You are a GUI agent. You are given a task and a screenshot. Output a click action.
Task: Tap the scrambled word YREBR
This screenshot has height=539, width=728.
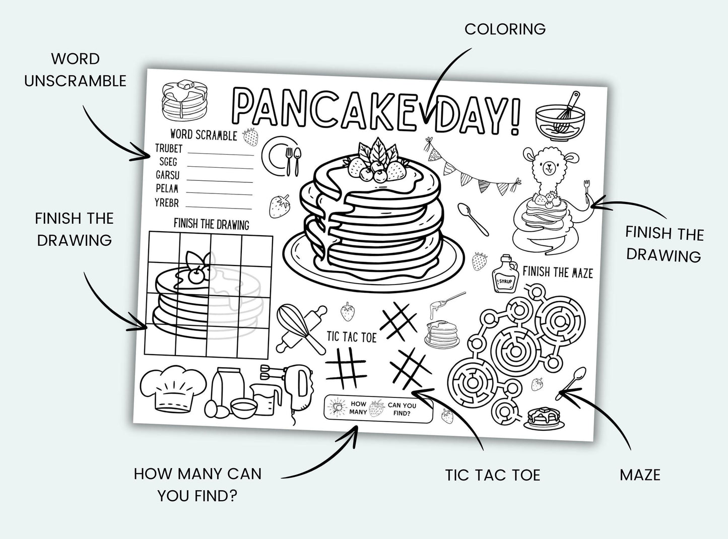point(167,204)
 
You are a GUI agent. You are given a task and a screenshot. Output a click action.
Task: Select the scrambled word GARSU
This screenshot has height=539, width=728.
point(167,176)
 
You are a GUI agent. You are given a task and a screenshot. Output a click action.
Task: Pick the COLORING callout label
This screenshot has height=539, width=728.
point(505,29)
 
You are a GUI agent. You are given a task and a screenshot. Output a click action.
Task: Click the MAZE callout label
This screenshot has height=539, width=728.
point(640,474)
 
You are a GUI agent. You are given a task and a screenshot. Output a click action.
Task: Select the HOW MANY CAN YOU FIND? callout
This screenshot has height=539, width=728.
point(197,485)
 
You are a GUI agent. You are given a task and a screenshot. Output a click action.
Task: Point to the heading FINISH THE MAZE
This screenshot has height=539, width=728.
point(557,273)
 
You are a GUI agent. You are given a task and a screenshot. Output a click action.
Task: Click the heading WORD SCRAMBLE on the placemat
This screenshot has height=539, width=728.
point(203,134)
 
